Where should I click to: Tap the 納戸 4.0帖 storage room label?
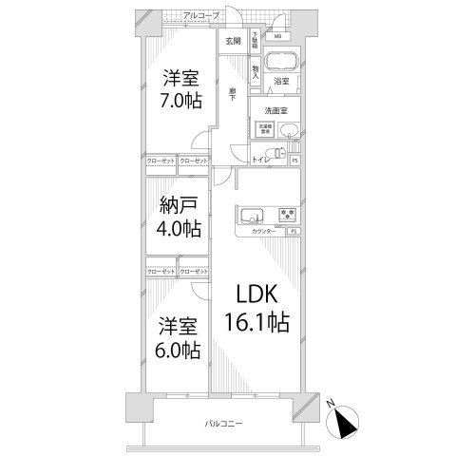[x=179, y=218]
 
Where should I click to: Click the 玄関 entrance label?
[x=233, y=42]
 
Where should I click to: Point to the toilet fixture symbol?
[x=276, y=153]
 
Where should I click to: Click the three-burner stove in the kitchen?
[x=288, y=214]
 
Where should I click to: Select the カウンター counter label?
[x=265, y=232]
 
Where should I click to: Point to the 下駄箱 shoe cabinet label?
[x=255, y=41]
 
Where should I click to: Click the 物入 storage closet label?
[x=256, y=70]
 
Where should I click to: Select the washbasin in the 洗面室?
[x=289, y=131]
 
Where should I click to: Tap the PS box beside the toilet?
[x=294, y=160]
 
